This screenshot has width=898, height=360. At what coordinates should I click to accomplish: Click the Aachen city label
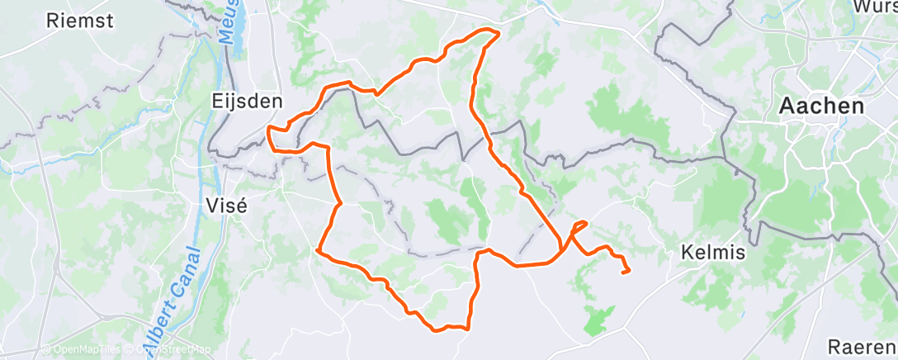(x=822, y=107)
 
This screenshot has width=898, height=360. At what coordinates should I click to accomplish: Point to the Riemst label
(x=80, y=21)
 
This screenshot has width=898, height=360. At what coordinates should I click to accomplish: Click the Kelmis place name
(x=715, y=253)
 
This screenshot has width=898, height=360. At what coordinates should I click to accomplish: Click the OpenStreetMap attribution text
(x=168, y=349)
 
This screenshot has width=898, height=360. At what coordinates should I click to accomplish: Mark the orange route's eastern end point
(x=628, y=270)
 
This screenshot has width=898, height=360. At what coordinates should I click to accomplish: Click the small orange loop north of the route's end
(x=579, y=225)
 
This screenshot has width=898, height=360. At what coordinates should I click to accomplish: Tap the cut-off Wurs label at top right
(x=876, y=7)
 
